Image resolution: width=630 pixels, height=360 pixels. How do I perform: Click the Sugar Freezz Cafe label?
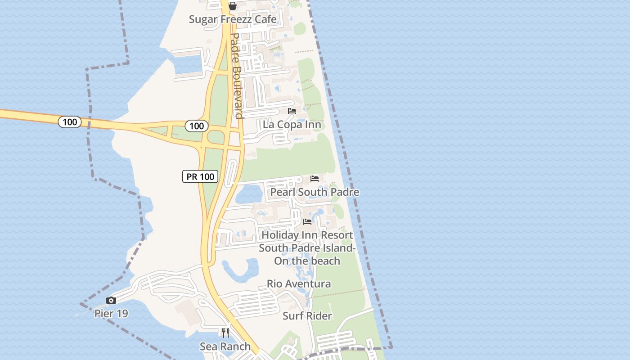(x=232, y=19)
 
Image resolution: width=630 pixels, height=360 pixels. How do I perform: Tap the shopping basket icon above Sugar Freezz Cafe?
(x=233, y=6)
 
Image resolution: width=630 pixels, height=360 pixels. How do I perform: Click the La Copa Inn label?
(x=292, y=125)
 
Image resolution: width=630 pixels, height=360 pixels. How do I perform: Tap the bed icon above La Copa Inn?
(x=292, y=111)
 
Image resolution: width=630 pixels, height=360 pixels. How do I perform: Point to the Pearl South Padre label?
(x=314, y=192)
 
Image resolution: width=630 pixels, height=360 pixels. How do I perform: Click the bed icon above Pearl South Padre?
(x=315, y=179)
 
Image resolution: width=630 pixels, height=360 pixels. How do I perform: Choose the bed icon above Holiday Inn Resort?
(x=307, y=221)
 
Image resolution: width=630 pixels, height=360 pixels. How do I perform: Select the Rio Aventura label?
(x=299, y=284)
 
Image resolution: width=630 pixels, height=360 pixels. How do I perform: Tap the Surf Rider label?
(x=307, y=316)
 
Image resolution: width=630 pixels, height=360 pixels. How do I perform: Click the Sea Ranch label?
(x=225, y=346)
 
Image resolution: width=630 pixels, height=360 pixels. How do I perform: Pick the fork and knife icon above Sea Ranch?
(x=225, y=333)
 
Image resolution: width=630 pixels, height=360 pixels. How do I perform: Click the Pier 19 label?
(x=111, y=314)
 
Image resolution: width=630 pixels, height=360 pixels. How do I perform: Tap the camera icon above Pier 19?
(x=111, y=300)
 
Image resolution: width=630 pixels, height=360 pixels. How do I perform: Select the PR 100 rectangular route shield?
(x=200, y=176)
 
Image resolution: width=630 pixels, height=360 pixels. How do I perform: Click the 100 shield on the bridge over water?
(x=70, y=122)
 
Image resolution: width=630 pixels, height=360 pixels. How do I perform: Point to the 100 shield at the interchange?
(x=197, y=126)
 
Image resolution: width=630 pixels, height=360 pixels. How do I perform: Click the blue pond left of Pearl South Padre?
(x=249, y=194)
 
